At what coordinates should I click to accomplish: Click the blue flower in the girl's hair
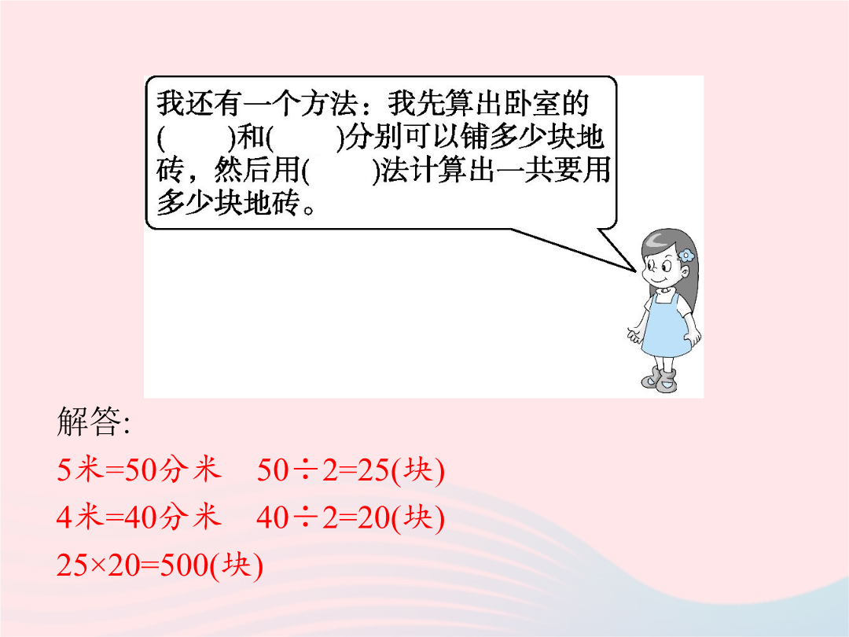click(686, 255)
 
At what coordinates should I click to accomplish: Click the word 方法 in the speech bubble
click(329, 104)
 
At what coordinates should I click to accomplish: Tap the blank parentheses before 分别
click(305, 138)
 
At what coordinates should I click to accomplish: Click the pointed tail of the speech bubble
click(635, 271)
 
